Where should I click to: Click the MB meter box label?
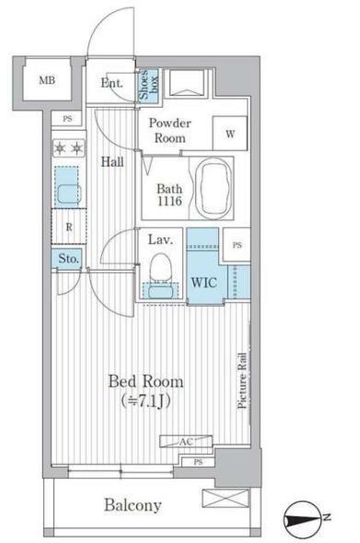[x=47, y=80]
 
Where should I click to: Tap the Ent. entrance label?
[x=111, y=83]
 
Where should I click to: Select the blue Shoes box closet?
[x=148, y=85]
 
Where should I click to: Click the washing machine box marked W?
[x=230, y=133]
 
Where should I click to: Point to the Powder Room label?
[x=169, y=130]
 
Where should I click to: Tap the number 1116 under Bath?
[x=169, y=201]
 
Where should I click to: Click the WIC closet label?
[x=204, y=283]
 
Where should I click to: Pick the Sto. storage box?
[x=67, y=259]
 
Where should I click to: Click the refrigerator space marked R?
[x=69, y=226]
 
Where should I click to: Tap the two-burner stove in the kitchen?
[x=69, y=148]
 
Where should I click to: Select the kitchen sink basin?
[x=69, y=194]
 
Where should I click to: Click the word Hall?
[x=112, y=161]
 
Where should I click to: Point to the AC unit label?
[x=186, y=442]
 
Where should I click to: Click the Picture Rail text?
[x=242, y=381]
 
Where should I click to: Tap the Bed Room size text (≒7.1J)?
[x=145, y=401]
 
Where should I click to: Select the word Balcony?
[x=133, y=505]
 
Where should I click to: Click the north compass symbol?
[x=301, y=518]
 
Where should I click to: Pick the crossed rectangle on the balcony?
[x=226, y=498]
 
